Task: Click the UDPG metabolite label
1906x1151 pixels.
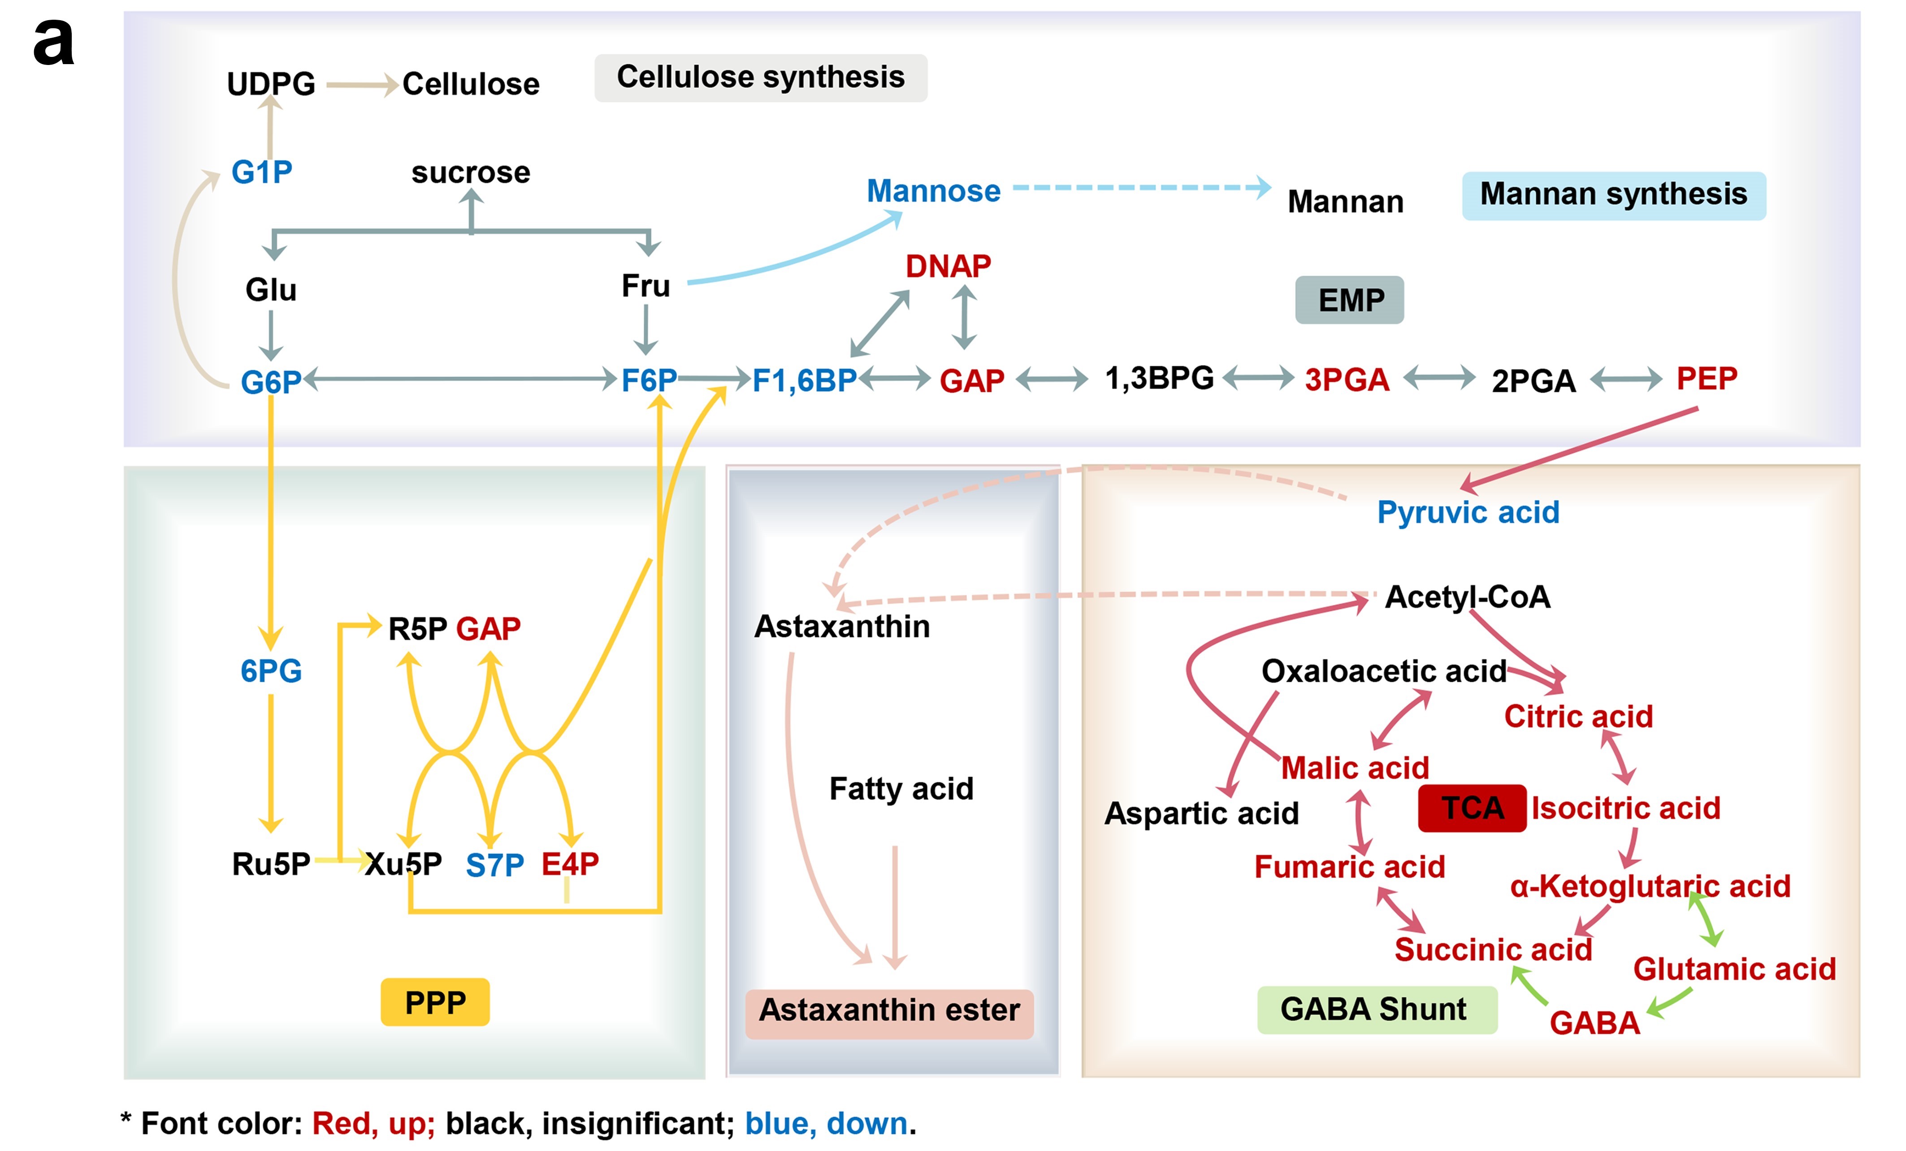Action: (271, 83)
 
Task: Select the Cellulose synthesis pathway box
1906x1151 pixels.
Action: (760, 78)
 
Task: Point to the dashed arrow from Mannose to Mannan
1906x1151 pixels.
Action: (1141, 187)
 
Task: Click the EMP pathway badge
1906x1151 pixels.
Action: (1349, 300)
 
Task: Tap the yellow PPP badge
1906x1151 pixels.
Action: (435, 1003)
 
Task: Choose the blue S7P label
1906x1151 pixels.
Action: (494, 865)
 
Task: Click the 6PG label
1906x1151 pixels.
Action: (271, 671)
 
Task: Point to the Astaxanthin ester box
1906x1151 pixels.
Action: (889, 1010)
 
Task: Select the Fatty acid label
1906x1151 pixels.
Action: (901, 789)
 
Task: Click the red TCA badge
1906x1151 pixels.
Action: (1472, 808)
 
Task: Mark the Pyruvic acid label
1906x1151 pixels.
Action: (1468, 512)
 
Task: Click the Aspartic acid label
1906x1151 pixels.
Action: (1201, 813)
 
